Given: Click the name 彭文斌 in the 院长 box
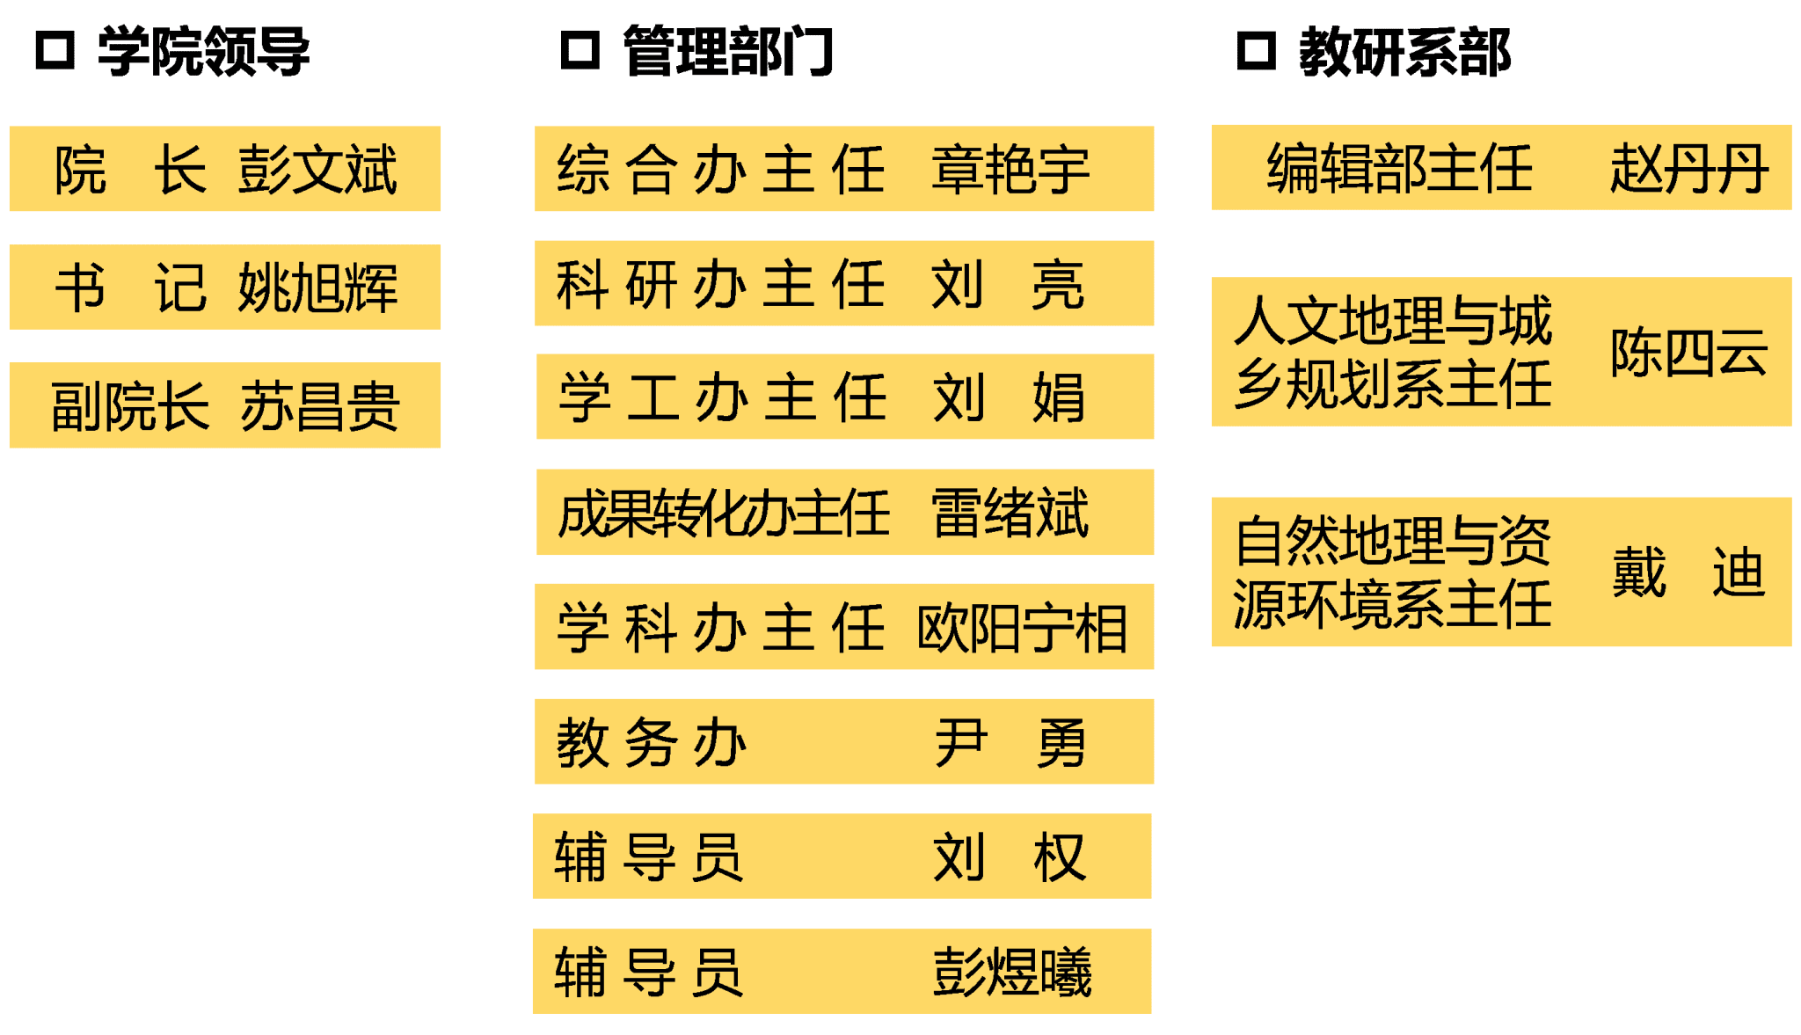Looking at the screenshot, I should [x=317, y=169].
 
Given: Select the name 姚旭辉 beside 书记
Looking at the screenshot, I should [x=317, y=288].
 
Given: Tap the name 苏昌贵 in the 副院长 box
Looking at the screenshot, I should [x=320, y=406].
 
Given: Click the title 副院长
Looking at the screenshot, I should [x=130, y=406].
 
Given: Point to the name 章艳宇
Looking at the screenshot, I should [x=1010, y=170].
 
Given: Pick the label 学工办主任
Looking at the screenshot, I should [x=722, y=397].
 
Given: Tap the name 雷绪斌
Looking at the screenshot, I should [x=1010, y=513].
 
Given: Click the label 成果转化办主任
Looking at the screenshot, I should [x=724, y=514].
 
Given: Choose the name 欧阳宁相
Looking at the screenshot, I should [x=1022, y=628].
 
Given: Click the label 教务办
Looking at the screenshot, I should [x=652, y=742].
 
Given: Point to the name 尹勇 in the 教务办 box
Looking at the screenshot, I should [x=1010, y=742].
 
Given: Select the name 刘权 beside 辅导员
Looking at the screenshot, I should [x=1010, y=856].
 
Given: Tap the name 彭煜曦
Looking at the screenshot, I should [x=1012, y=972].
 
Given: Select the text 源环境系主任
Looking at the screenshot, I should [x=1393, y=605].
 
